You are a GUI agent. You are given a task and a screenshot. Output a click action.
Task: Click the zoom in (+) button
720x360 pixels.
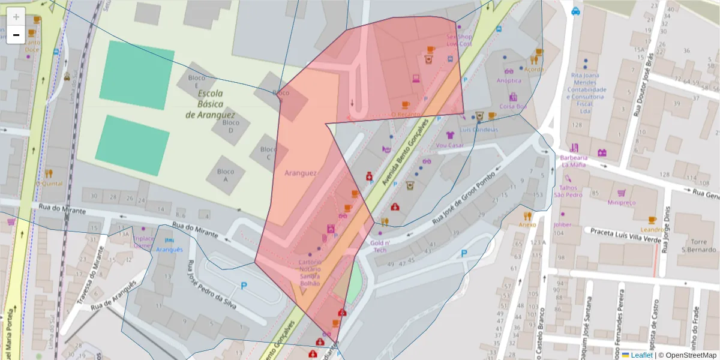click(x=16, y=17)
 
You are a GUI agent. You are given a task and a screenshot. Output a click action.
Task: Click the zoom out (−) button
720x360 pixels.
click(x=16, y=35)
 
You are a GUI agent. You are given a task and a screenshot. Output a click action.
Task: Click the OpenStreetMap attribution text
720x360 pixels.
click(x=687, y=355)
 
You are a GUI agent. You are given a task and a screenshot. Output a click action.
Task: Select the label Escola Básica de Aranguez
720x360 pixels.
click(x=211, y=104)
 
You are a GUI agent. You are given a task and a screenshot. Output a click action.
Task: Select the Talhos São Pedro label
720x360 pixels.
click(x=568, y=190)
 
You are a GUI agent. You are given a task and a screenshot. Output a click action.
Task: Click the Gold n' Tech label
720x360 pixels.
click(x=380, y=246)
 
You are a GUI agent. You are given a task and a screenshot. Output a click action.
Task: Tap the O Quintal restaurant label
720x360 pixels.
click(x=49, y=184)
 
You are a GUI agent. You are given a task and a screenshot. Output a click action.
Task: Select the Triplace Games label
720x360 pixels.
click(x=143, y=242)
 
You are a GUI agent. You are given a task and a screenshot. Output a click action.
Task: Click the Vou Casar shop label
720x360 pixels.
click(x=450, y=145)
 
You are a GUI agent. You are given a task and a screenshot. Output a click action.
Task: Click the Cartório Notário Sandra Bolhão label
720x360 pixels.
click(x=310, y=272)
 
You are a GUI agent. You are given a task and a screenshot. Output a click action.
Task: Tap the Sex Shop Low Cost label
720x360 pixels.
click(x=459, y=40)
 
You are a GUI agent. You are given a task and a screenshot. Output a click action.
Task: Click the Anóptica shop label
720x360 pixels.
click(x=509, y=80)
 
